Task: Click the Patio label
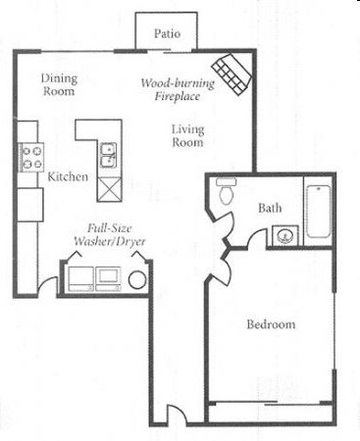click(x=167, y=33)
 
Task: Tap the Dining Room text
click(x=60, y=84)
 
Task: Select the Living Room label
click(x=186, y=135)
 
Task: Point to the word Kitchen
click(x=67, y=176)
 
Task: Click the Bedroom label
click(x=271, y=324)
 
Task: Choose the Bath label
click(x=270, y=208)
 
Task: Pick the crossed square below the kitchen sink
click(x=109, y=184)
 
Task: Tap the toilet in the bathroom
click(x=225, y=191)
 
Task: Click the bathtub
click(x=318, y=213)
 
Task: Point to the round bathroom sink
click(x=284, y=234)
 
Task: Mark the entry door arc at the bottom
click(x=174, y=415)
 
